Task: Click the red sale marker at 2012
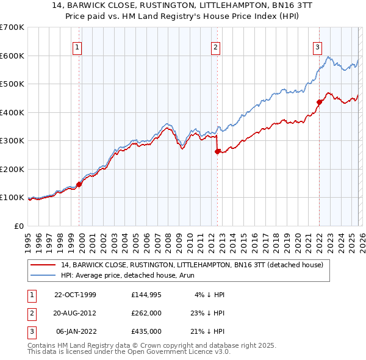tap(217, 153)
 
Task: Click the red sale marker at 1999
tap(79, 185)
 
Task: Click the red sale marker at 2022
tap(318, 103)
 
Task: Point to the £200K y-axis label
tap(12, 169)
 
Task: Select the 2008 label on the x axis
tap(173, 239)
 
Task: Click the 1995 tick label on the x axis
tap(28, 239)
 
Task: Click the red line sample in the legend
tap(44, 265)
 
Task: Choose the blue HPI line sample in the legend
tap(44, 275)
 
